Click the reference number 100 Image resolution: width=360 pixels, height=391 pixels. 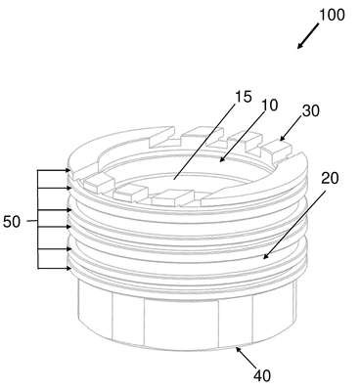[332, 16]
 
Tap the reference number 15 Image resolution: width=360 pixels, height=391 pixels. [244, 97]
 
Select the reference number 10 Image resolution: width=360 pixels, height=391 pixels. [269, 106]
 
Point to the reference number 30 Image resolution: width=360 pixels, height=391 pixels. [311, 111]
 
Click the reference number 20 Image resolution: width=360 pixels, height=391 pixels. [330, 178]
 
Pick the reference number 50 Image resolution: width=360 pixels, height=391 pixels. [12, 222]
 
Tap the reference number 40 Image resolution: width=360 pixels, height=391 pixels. [262, 376]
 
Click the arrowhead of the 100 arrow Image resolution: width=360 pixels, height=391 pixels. [300, 46]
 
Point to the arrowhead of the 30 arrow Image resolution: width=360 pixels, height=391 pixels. [283, 138]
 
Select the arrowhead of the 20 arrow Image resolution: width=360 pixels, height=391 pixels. [266, 256]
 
